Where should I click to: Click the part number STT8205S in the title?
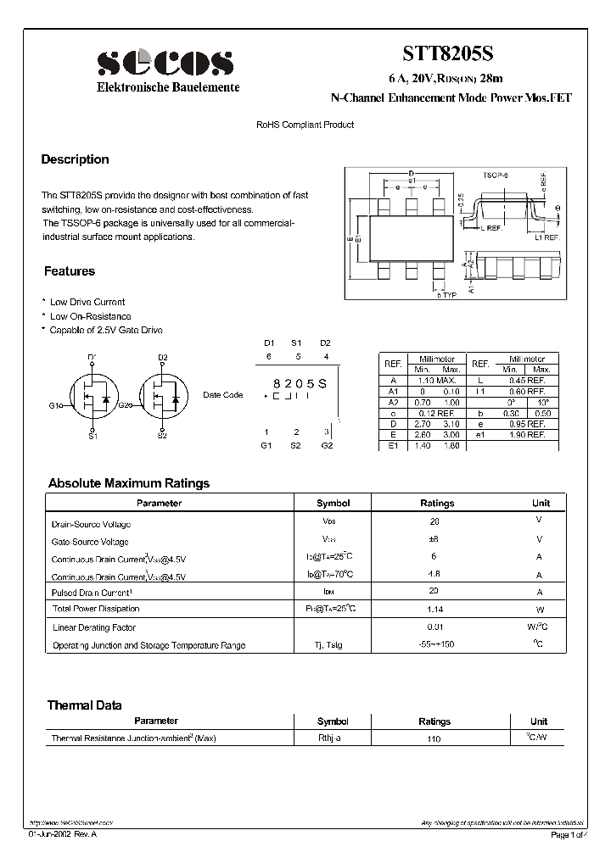tap(451, 53)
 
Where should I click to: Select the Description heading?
tap(76, 159)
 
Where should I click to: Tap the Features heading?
tap(70, 271)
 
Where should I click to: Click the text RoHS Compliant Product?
tap(305, 125)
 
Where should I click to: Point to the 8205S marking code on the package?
tap(297, 384)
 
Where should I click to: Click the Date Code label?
tap(222, 395)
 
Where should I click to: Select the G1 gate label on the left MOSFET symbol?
tap(54, 405)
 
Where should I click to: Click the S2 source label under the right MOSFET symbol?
tap(161, 436)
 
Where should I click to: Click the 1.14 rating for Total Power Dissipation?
tap(435, 609)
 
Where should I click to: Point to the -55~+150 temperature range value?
tap(435, 644)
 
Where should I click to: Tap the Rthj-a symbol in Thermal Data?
tap(329, 738)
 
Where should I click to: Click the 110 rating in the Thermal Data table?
tap(435, 739)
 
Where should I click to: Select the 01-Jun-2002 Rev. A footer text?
tap(62, 836)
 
